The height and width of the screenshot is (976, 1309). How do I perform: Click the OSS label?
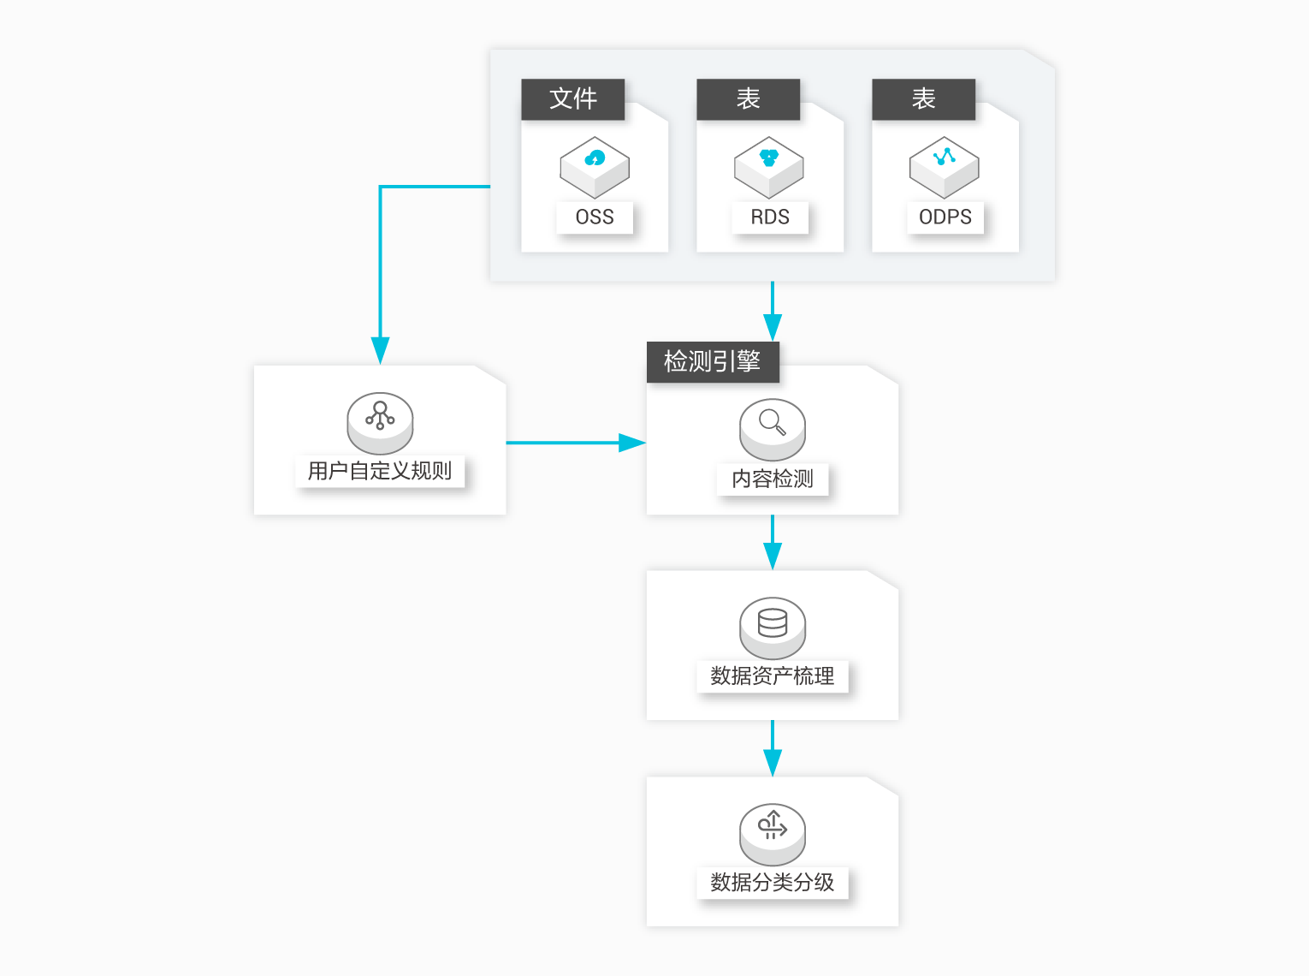(x=595, y=217)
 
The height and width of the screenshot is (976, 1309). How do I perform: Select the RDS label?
(x=770, y=217)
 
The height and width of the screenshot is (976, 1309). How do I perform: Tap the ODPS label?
(x=945, y=217)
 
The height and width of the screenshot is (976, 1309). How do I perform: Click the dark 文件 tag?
(x=572, y=98)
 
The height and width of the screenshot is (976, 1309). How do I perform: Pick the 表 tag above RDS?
(x=748, y=98)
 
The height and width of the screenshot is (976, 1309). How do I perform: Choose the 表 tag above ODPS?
(x=923, y=98)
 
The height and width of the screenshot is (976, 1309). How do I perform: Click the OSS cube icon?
(x=595, y=167)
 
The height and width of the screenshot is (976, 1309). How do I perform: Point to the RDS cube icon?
(x=768, y=167)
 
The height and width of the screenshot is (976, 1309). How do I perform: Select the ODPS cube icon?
(x=944, y=167)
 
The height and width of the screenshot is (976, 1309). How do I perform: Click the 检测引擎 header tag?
(x=713, y=361)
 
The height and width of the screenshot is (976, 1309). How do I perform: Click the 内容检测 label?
(x=772, y=479)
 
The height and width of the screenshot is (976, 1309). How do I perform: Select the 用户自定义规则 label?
(x=380, y=471)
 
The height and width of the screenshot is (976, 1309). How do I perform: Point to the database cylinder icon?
(x=772, y=628)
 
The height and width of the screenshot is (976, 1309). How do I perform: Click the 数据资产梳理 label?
(x=772, y=675)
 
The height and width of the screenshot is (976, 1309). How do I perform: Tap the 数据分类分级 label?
(x=772, y=882)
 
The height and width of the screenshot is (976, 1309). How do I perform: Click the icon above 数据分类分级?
(x=772, y=834)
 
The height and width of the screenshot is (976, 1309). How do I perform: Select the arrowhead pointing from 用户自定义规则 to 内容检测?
(x=632, y=443)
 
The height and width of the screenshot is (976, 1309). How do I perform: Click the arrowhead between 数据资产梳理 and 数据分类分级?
(x=772, y=763)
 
